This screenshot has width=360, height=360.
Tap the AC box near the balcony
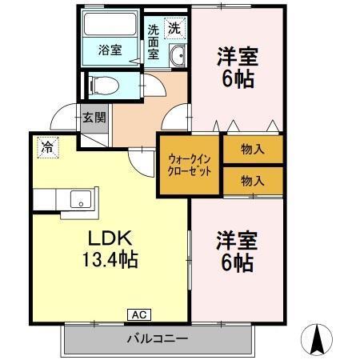tap(137, 314)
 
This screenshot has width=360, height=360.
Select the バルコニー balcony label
tap(157, 338)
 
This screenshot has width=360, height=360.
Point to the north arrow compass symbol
tap(318, 339)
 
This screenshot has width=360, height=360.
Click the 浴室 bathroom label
tap(110, 50)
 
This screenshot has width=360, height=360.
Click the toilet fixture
tap(104, 82)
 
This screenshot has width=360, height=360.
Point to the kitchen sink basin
tap(80, 198)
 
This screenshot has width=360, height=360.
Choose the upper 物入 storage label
tap(253, 149)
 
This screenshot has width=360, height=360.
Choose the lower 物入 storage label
tap(253, 180)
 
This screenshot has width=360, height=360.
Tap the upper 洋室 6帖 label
tap(238, 69)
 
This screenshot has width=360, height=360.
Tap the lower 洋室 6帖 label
tap(238, 251)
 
